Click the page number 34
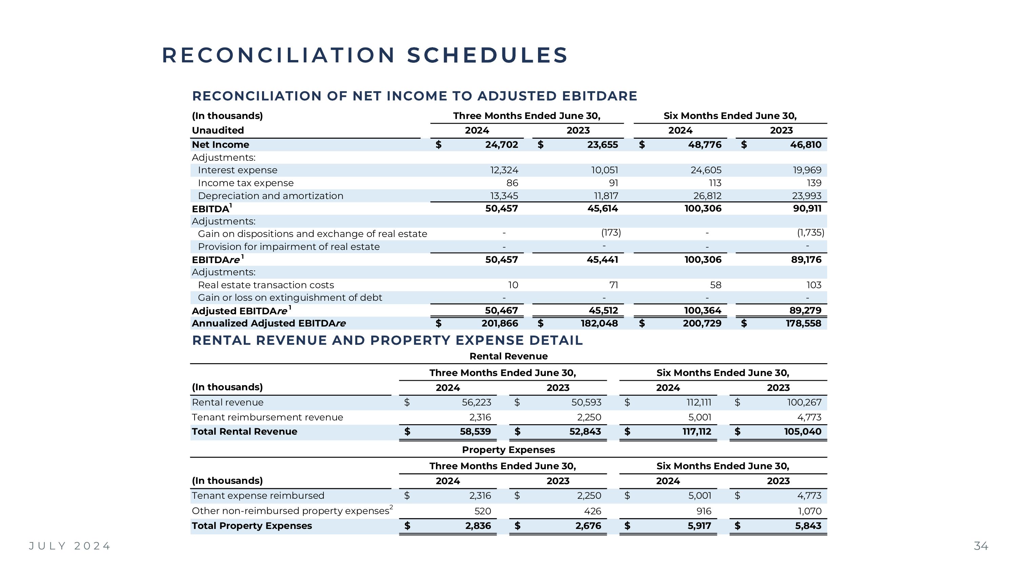pyautogui.click(x=981, y=546)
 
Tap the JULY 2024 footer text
pyautogui.click(x=70, y=546)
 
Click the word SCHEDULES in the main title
pyautogui.click(x=487, y=55)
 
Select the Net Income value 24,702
pyautogui.click(x=501, y=145)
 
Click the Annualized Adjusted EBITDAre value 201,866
pyautogui.click(x=499, y=323)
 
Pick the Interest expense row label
pyautogui.click(x=237, y=170)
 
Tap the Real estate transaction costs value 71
pyautogui.click(x=613, y=285)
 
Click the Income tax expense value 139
pyautogui.click(x=814, y=183)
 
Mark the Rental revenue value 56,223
pyautogui.click(x=476, y=402)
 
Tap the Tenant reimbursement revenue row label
pyautogui.click(x=267, y=417)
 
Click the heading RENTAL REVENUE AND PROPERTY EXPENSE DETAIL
pyautogui.click(x=387, y=340)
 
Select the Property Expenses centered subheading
pyautogui.click(x=508, y=450)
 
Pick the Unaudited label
pyautogui.click(x=218, y=130)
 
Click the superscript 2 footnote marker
pyautogui.click(x=391, y=507)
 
